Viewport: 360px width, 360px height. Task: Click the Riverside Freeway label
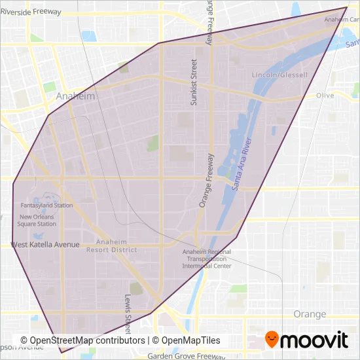point(31,12)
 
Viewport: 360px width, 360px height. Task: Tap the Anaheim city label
point(75,96)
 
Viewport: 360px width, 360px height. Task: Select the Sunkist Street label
point(193,81)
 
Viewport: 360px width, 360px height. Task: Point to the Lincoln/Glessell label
point(279,75)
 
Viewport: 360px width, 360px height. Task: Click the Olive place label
point(325,96)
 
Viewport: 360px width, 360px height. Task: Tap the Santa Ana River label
point(242,164)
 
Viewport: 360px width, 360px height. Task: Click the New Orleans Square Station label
point(37,221)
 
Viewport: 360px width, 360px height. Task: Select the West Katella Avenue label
point(45,245)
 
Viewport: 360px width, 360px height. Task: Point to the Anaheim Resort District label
point(115,245)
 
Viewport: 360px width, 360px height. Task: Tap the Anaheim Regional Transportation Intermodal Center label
point(206,259)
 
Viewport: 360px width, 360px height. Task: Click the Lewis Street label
point(128,313)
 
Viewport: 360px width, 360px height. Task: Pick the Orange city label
point(310,314)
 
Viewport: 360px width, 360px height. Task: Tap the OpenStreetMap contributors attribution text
point(82,340)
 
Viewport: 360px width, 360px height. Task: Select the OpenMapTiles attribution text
point(187,340)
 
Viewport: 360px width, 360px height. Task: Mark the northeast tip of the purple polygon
point(347,7)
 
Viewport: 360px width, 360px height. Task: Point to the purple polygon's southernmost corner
point(61,353)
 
